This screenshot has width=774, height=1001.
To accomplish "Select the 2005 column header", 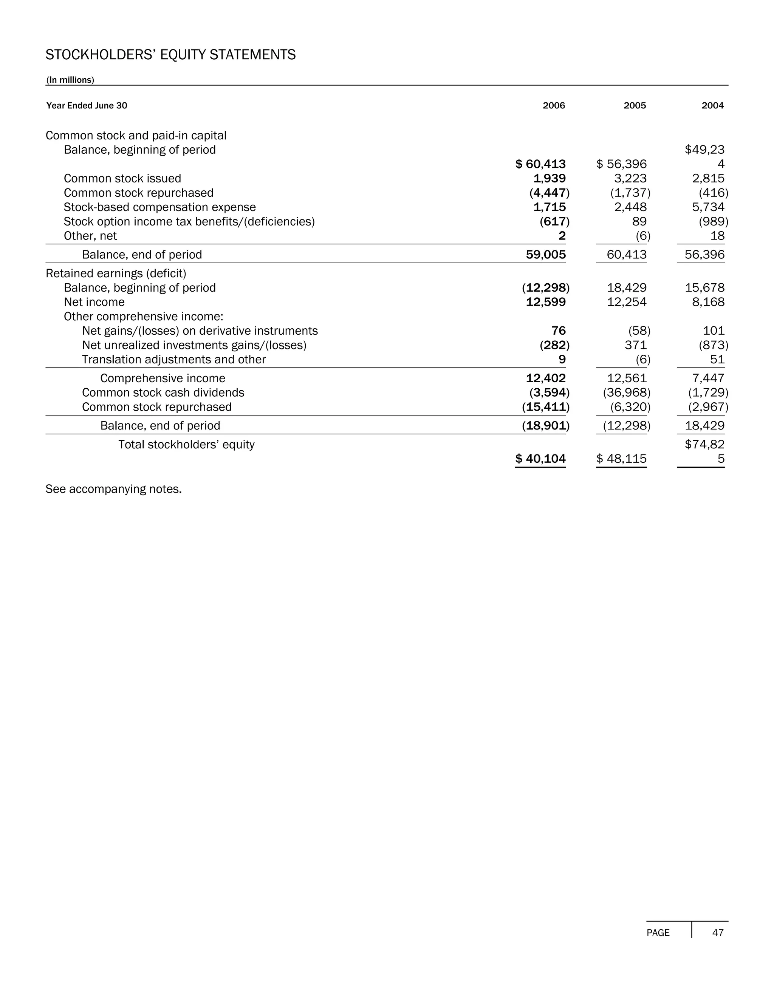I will (635, 105).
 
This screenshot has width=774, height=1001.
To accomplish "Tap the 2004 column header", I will (712, 105).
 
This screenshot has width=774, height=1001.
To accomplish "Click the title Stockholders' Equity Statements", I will (170, 55).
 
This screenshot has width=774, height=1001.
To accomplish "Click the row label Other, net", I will (90, 236).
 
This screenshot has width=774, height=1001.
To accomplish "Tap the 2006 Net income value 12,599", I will (546, 302).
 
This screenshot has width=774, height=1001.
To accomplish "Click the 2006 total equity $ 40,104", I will (540, 459).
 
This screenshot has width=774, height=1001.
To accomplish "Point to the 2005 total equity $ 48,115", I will (621, 459).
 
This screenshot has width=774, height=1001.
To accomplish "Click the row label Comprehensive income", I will (163, 378).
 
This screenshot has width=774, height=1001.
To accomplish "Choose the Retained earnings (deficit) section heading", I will (116, 273).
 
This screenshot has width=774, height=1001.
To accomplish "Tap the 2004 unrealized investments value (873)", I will (714, 345).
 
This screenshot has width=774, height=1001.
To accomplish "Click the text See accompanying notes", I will (114, 489).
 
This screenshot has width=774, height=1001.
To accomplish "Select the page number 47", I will (718, 933).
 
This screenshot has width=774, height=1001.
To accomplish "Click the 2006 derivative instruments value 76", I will (559, 331).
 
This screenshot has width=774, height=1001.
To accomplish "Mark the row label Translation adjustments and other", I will (174, 359).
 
